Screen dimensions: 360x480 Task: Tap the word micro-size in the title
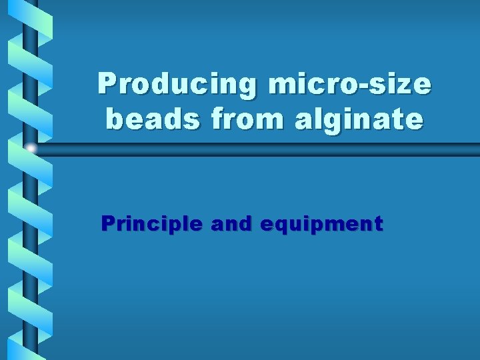(x=349, y=85)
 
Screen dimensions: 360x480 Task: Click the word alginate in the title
(x=345, y=121)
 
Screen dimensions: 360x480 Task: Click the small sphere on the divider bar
(x=31, y=147)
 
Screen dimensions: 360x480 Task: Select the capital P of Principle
(x=107, y=224)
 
